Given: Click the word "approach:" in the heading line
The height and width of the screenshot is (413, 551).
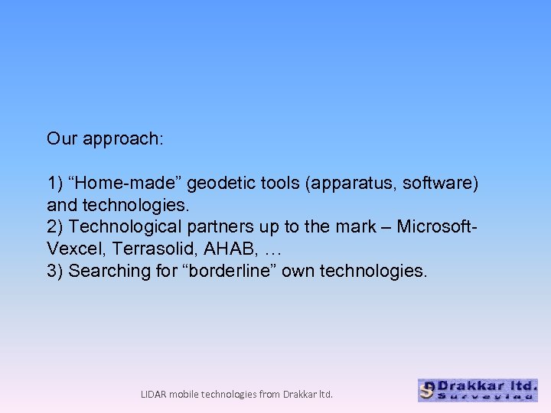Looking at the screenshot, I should (x=124, y=139).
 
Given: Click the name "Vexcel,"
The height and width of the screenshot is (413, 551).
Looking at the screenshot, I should (x=73, y=249).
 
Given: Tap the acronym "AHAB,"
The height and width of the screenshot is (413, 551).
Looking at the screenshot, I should (x=221, y=249).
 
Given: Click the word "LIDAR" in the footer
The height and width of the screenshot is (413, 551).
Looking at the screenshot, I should (x=154, y=395).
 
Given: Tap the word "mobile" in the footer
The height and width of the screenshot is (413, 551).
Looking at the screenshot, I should (x=184, y=395).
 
